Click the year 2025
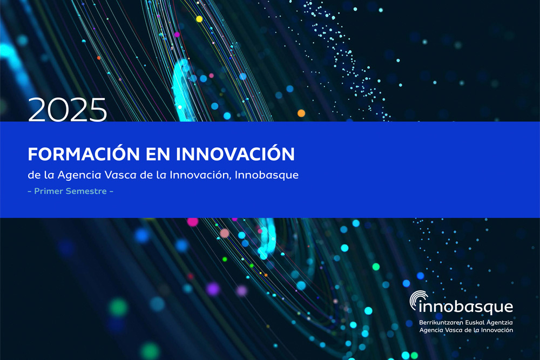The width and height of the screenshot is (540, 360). pos(67,110)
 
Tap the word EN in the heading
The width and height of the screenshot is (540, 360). pos(158,154)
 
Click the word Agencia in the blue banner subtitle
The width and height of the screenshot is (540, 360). pos(79,175)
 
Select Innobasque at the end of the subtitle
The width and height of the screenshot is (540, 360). pos(267,175)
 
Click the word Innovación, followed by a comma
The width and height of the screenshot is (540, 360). pos(200,175)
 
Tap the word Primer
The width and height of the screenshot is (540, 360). pos(49,191)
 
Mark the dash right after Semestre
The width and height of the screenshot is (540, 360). pos(111,192)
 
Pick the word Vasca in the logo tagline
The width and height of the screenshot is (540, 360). pos(454,330)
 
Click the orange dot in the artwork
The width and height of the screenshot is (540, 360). pos(301,113)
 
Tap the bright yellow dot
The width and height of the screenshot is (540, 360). pos(199,19)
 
